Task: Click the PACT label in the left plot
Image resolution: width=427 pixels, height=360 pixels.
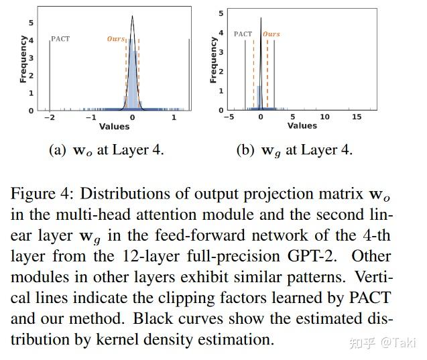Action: (x=60, y=39)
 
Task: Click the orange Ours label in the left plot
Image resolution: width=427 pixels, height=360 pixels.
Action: (x=116, y=39)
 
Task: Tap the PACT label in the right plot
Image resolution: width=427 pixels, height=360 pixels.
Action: (x=243, y=34)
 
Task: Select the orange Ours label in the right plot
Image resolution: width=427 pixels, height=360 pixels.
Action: (x=271, y=34)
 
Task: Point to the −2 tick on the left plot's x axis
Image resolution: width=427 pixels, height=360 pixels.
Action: (x=49, y=117)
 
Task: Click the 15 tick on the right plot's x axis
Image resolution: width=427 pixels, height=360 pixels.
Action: (x=356, y=117)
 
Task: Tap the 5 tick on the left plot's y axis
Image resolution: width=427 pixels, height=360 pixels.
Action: (x=31, y=22)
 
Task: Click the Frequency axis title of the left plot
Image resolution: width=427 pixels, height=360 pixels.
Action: (x=23, y=59)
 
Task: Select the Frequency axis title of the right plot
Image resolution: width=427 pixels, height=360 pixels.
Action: (x=213, y=59)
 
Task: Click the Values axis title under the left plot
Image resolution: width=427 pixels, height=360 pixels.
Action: (x=114, y=126)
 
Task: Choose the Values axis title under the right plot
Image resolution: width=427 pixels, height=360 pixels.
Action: (x=302, y=126)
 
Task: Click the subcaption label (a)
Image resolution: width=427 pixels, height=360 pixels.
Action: (x=58, y=150)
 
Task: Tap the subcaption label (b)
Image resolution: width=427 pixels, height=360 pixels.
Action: (x=245, y=150)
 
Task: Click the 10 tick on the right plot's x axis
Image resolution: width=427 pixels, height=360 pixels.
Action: (x=324, y=117)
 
